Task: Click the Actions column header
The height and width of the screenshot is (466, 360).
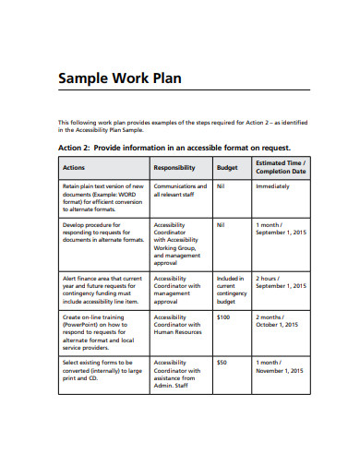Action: [74, 168]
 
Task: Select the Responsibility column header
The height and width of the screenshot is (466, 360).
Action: [174, 168]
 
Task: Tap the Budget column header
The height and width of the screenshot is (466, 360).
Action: [227, 168]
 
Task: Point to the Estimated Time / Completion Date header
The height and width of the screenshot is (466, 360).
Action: [281, 168]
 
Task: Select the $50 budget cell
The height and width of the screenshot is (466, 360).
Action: [221, 363]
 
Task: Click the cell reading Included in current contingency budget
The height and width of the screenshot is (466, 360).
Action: [230, 290]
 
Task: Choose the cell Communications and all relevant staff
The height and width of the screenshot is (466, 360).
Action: [180, 191]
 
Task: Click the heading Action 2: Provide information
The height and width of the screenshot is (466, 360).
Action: [174, 148]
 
